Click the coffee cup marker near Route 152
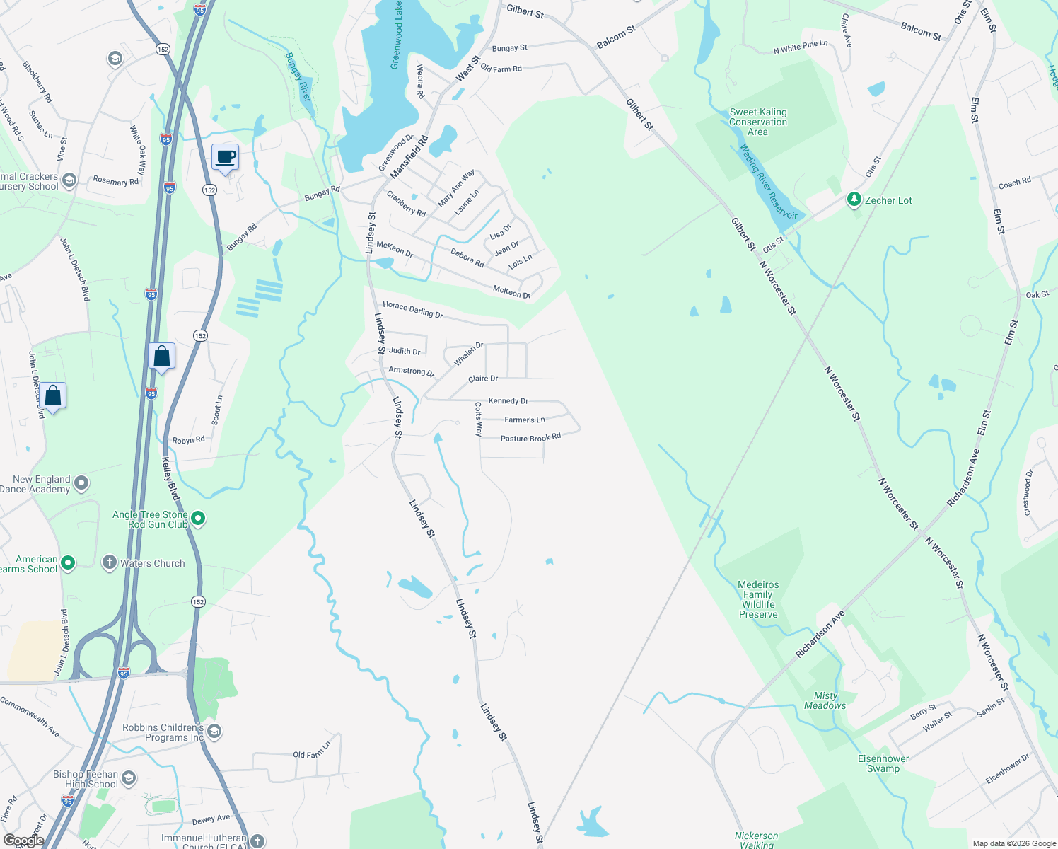click(225, 157)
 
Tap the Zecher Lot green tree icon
click(854, 200)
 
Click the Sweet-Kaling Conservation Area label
click(758, 122)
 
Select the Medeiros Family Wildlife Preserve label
click(758, 599)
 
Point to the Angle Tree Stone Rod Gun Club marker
click(199, 519)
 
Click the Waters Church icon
click(109, 563)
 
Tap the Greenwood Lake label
click(397, 35)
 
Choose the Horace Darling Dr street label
click(412, 310)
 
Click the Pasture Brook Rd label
click(530, 438)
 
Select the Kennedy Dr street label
click(508, 400)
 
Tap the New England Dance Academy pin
click(81, 483)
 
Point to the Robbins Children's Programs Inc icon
click(214, 731)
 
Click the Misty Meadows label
click(825, 700)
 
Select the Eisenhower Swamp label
click(883, 763)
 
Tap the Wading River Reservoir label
click(768, 183)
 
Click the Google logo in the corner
click(23, 840)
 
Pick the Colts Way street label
click(479, 419)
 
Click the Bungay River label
click(298, 76)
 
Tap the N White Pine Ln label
click(800, 47)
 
